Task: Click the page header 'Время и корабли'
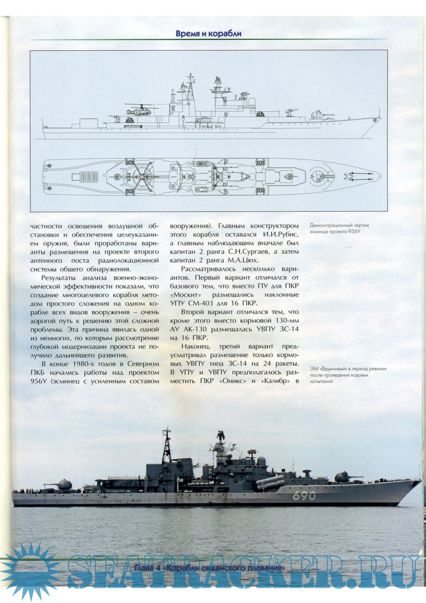[208, 34]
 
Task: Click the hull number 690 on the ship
[304, 495]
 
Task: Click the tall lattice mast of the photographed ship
[165, 447]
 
